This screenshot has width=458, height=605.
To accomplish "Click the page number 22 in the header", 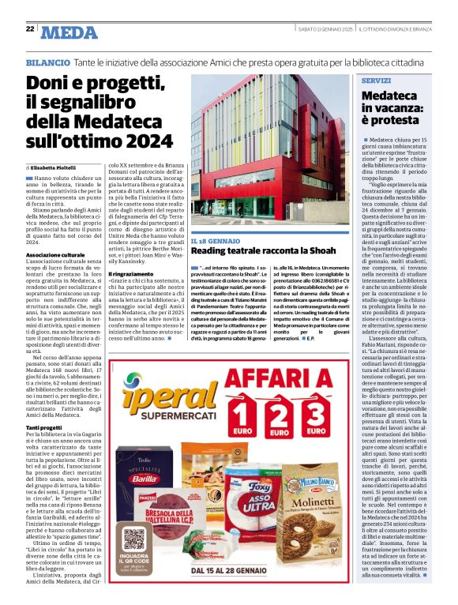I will [x=29, y=28].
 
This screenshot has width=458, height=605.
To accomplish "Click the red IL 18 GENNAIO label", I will [x=215, y=240].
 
